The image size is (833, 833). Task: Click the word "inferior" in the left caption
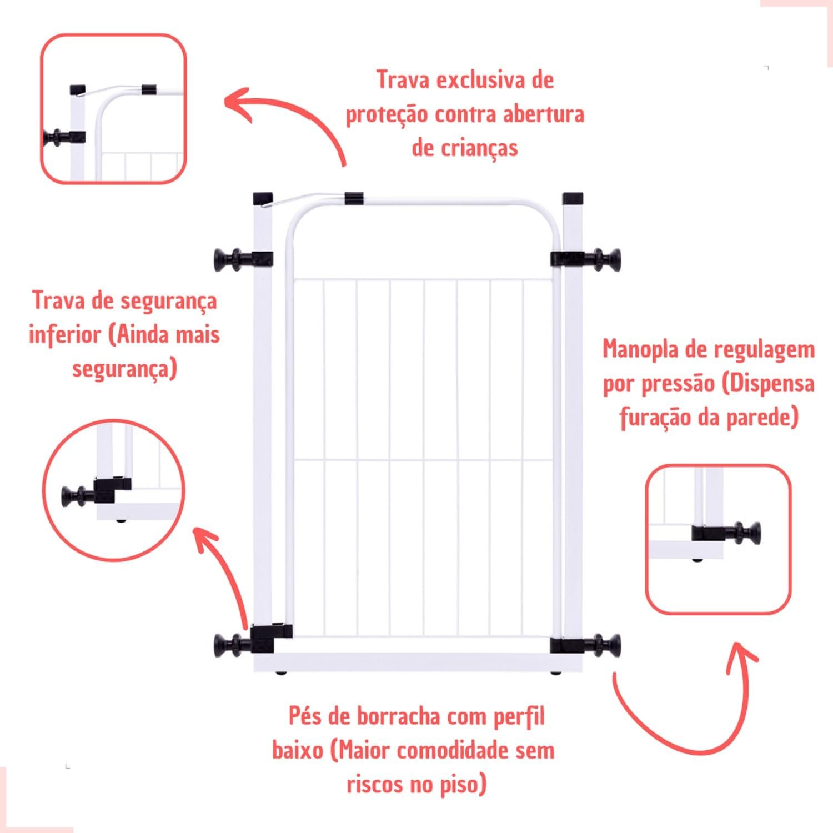click(62, 335)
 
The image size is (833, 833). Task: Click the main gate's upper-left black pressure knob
click(232, 259)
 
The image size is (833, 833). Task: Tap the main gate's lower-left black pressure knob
click(232, 645)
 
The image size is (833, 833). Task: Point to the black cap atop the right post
click(573, 198)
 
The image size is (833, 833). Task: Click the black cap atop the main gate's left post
click(263, 198)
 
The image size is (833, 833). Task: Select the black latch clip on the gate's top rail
click(354, 198)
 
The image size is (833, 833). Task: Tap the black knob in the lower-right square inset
click(746, 534)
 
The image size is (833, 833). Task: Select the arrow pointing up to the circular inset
click(222, 578)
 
